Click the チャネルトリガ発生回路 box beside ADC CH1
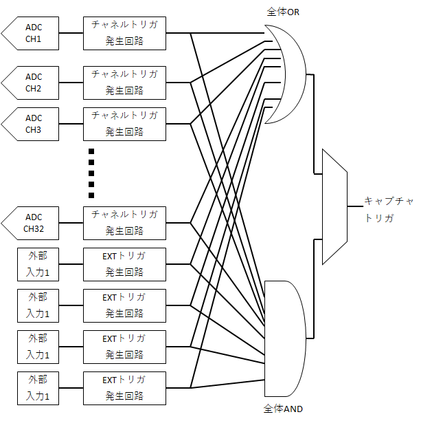[124, 33]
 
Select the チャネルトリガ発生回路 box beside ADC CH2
[124, 83]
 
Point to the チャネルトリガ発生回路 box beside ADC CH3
[124, 124]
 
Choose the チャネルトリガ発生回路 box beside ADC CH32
[124, 223]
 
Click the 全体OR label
[283, 12]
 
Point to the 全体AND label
[283, 409]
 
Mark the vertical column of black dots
[91, 173]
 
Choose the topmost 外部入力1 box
[38, 264]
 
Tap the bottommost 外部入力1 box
[38, 388]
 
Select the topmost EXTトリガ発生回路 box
[124, 264]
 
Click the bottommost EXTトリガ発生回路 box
[124, 388]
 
